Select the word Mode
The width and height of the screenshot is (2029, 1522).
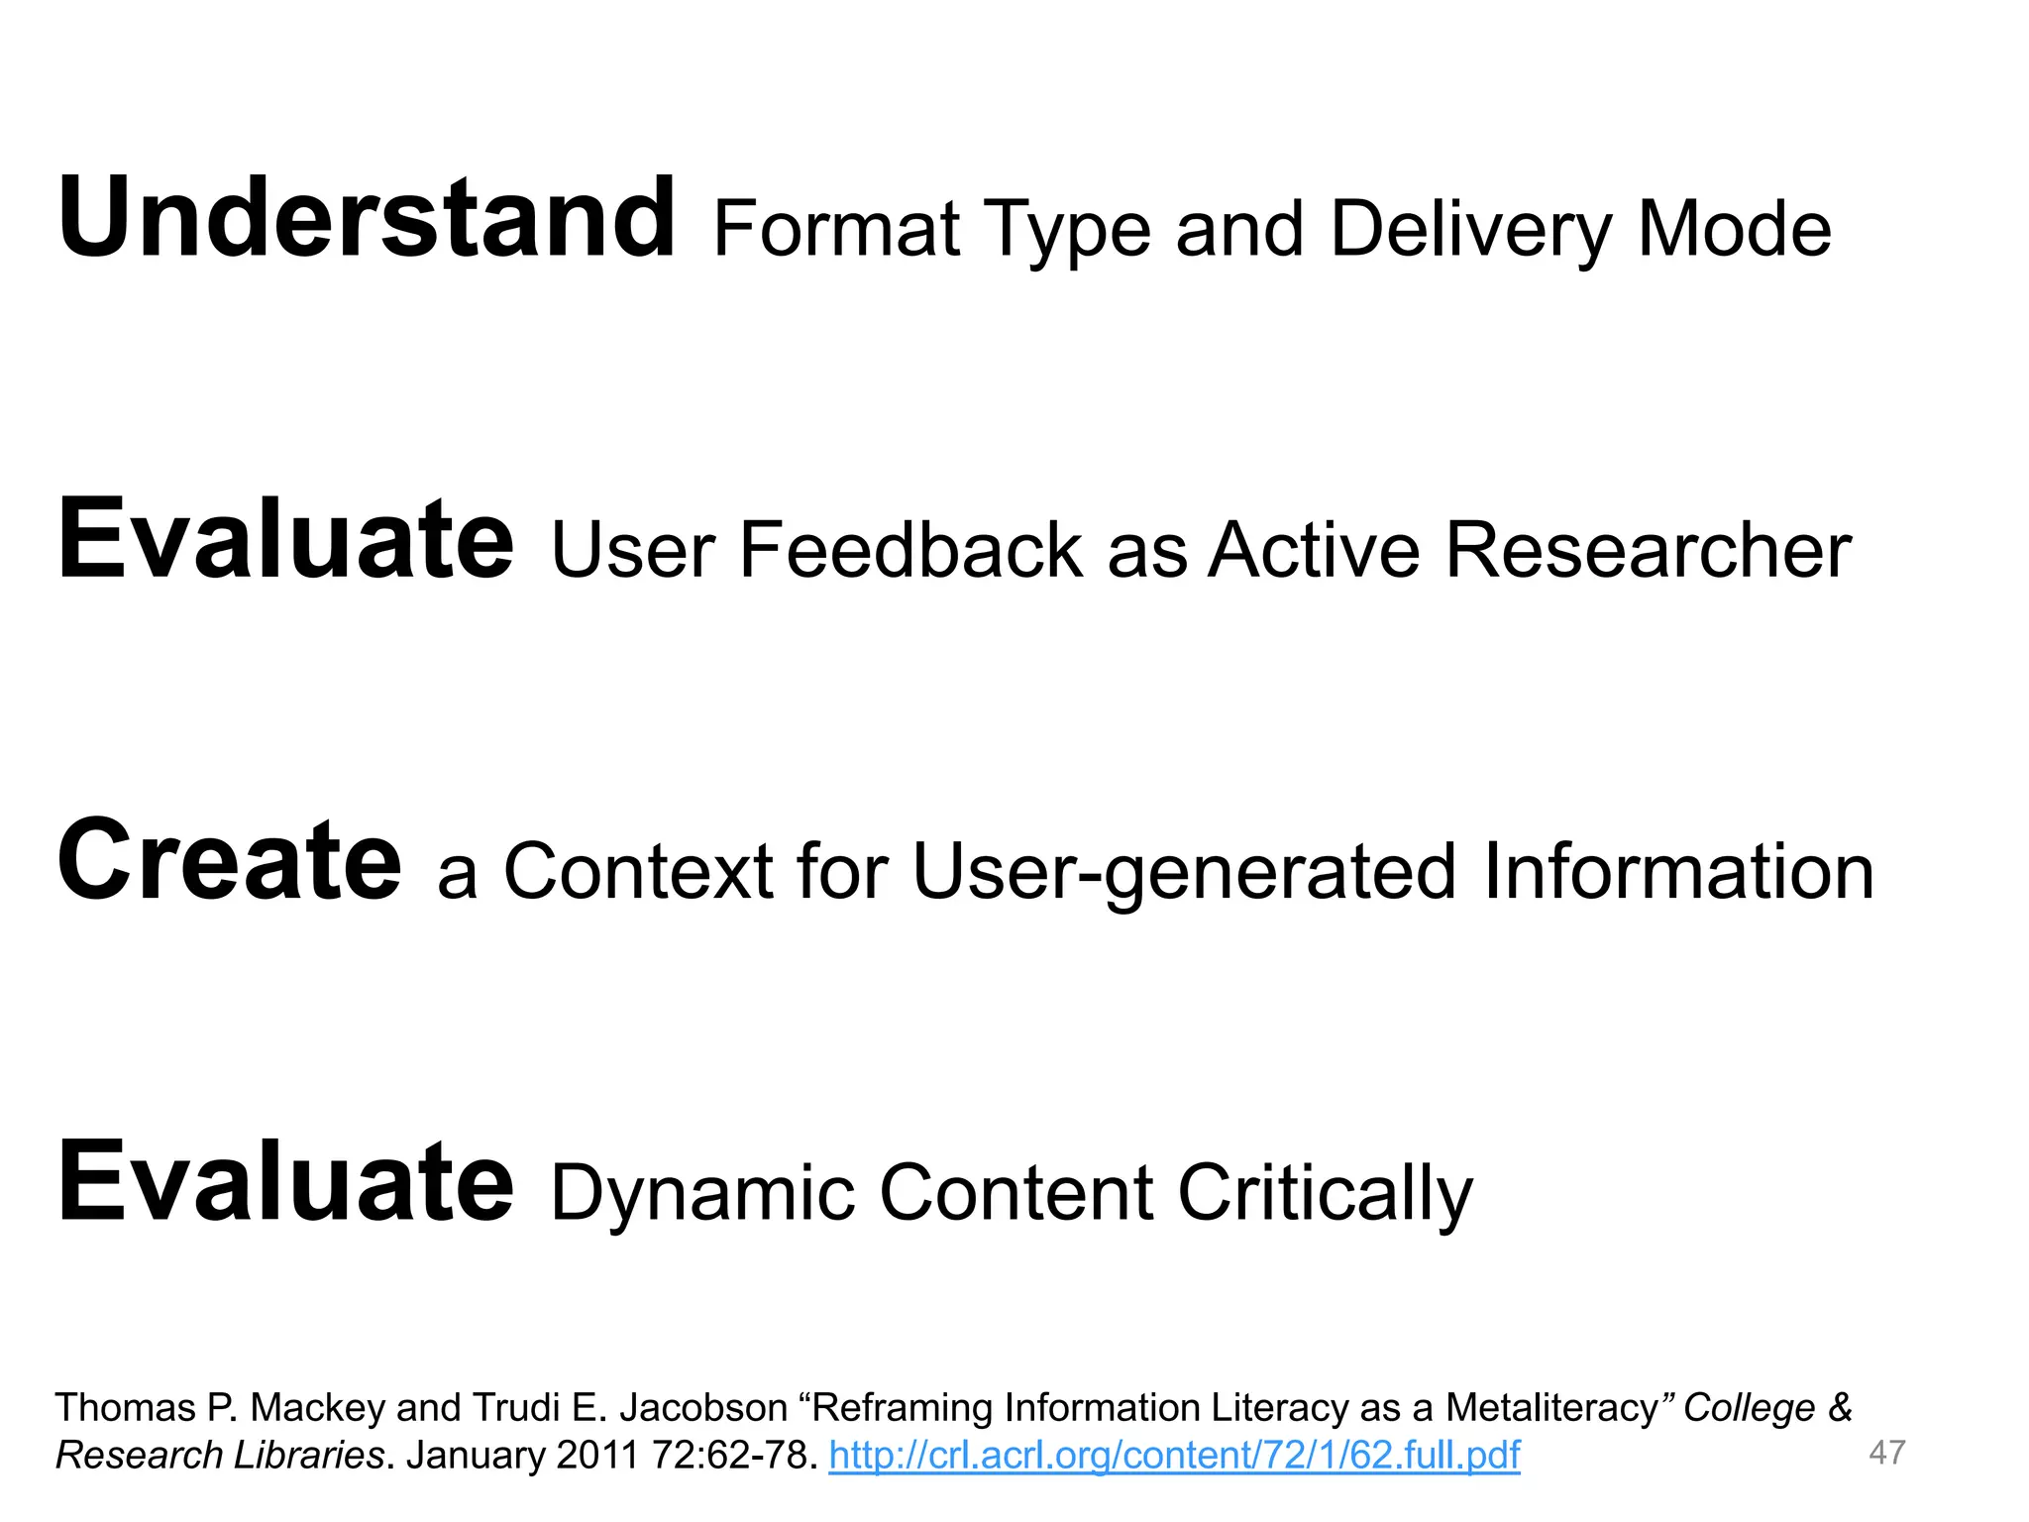pos(1734,230)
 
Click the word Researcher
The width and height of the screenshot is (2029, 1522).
pos(1648,550)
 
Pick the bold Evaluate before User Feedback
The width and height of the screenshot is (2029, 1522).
pos(285,540)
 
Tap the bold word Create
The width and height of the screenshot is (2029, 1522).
pos(230,860)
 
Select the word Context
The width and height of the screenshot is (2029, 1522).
pos(638,871)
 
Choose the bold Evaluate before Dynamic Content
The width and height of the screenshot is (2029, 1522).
pos(285,1181)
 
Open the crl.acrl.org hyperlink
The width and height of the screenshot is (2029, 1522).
pos(1174,1456)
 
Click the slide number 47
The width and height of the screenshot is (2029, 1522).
pos(1886,1454)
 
